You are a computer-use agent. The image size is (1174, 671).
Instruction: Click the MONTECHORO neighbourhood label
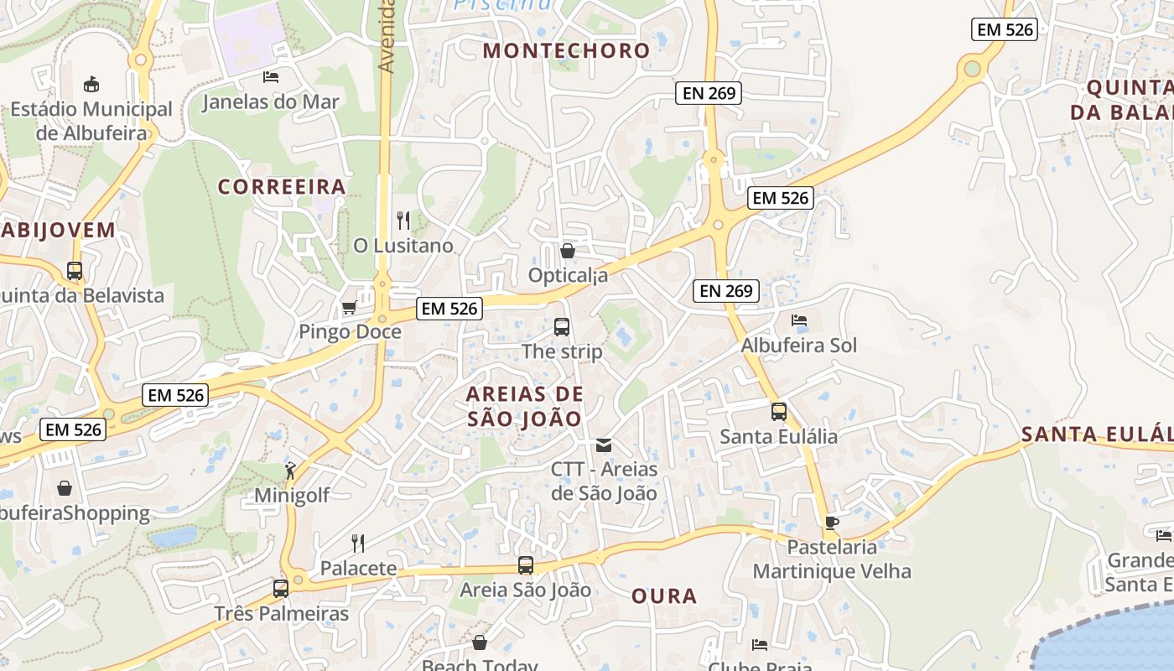pos(567,50)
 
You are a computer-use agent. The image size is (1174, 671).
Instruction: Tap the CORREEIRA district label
pos(282,186)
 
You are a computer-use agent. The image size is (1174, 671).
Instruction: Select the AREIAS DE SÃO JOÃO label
pos(524,406)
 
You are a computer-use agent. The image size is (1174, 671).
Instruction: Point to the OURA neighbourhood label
pos(664,596)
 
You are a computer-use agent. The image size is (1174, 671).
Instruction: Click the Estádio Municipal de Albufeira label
pos(91,121)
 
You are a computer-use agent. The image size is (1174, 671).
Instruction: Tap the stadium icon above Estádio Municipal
pos(91,84)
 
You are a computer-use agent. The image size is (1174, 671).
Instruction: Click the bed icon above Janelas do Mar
pos(271,77)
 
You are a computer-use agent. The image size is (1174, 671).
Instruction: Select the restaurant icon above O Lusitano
pos(403,221)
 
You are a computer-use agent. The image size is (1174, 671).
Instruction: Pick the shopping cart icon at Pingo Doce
pos(350,307)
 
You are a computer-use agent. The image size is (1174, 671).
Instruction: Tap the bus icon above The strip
pos(562,326)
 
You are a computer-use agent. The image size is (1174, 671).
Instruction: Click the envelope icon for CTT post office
pos(604,445)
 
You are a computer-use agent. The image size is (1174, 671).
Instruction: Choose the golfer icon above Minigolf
pos(290,471)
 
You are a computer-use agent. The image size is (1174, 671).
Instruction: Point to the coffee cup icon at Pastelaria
pos(831,523)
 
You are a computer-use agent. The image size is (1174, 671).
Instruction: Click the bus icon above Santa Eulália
pos(779,412)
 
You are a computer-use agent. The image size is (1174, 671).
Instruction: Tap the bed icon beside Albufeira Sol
pos(798,320)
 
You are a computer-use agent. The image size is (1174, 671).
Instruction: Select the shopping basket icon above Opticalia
pos(568,251)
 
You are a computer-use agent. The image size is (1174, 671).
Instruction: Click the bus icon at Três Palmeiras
pos(281,588)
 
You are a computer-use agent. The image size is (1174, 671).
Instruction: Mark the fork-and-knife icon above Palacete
pos(358,543)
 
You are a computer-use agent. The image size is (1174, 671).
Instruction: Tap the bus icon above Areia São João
pos(526,565)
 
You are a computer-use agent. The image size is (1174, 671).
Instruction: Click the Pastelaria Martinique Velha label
pos(832,559)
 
